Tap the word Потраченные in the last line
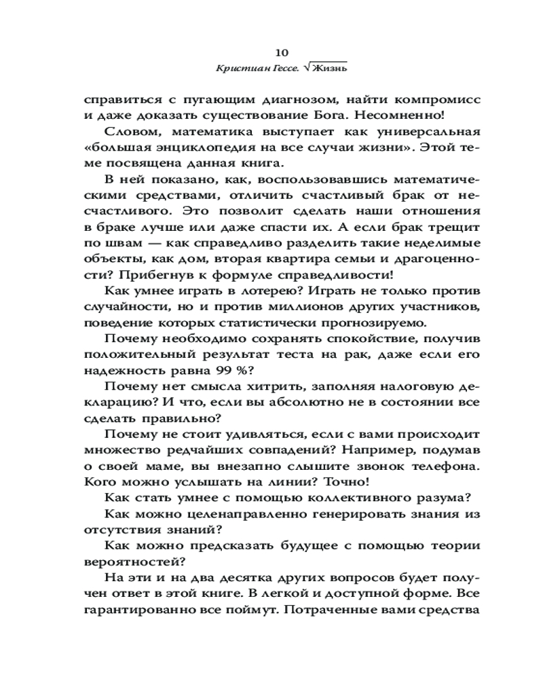(x=334, y=609)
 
